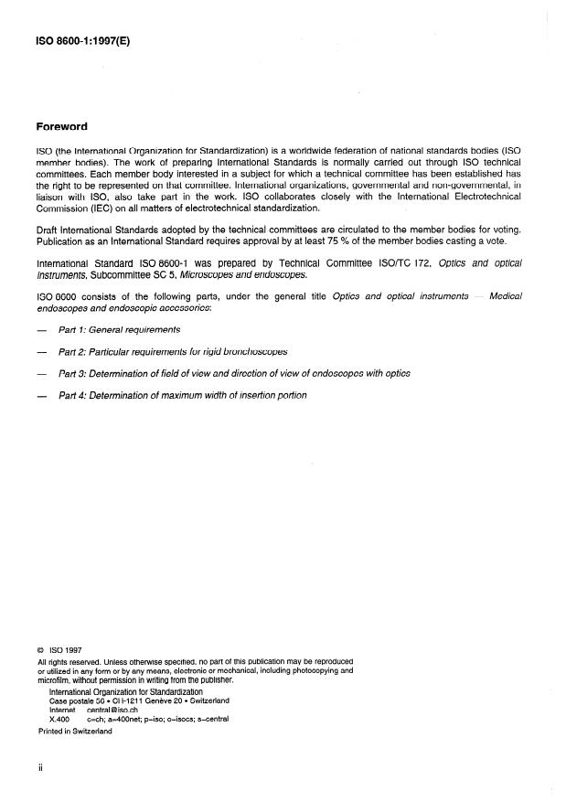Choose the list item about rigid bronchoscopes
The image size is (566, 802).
(x=172, y=351)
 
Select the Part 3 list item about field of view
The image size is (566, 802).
(x=234, y=373)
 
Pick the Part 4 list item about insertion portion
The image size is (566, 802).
(x=182, y=395)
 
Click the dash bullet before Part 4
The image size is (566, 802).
(x=41, y=395)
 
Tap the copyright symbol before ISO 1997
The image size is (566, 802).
(x=41, y=651)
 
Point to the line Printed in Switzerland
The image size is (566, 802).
(x=75, y=732)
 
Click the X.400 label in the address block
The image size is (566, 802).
(x=59, y=719)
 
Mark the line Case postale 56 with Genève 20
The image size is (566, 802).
(x=139, y=700)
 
